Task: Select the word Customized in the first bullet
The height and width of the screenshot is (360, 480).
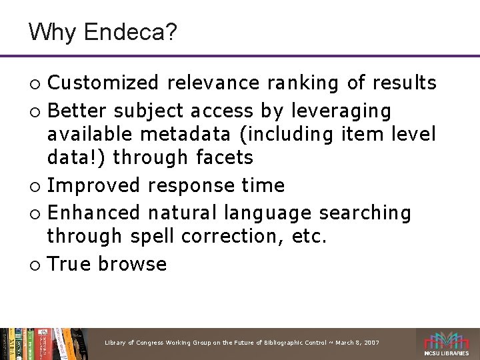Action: click(103, 83)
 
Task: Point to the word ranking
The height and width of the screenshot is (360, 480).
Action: click(304, 83)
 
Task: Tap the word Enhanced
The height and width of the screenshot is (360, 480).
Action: click(95, 213)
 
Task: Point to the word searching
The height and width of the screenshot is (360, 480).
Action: click(365, 213)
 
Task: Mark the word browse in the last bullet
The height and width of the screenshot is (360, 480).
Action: click(133, 264)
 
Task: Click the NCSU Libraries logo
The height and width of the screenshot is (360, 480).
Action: click(447, 344)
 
